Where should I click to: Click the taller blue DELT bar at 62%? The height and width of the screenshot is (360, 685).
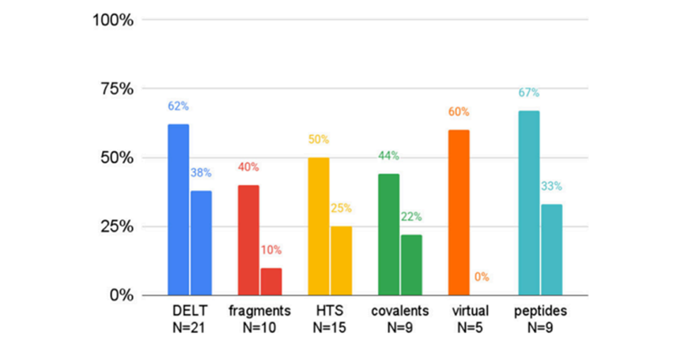178,210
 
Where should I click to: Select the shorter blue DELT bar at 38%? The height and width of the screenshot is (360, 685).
201,243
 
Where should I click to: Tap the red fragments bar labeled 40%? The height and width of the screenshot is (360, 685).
248,240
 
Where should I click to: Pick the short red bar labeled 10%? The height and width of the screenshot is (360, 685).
271,282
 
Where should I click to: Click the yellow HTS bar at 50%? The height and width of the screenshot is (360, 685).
319,226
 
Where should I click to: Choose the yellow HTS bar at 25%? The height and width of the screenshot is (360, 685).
342,260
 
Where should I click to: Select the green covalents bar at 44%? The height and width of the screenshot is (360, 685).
388,234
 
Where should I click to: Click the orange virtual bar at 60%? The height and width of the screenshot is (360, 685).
459,212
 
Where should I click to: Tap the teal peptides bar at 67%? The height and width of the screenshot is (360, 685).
528,203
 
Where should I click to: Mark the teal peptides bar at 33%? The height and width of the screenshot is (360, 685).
551,249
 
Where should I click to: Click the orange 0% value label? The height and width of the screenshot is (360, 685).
482,278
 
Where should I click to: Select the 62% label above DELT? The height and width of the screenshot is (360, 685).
178,106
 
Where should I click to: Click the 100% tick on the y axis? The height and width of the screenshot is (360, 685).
114,20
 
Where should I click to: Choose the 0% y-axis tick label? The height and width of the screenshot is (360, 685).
120,295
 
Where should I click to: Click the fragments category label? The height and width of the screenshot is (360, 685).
259,311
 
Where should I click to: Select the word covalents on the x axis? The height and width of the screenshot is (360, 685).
400,311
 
